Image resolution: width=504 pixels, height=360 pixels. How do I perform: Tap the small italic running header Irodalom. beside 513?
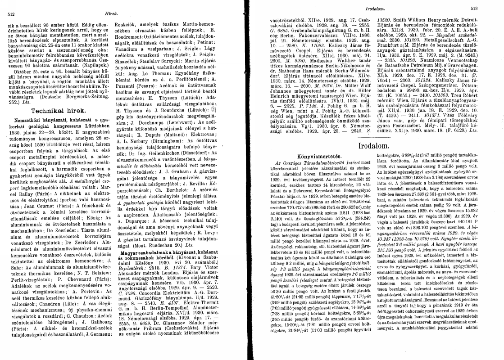pos(376,9)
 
